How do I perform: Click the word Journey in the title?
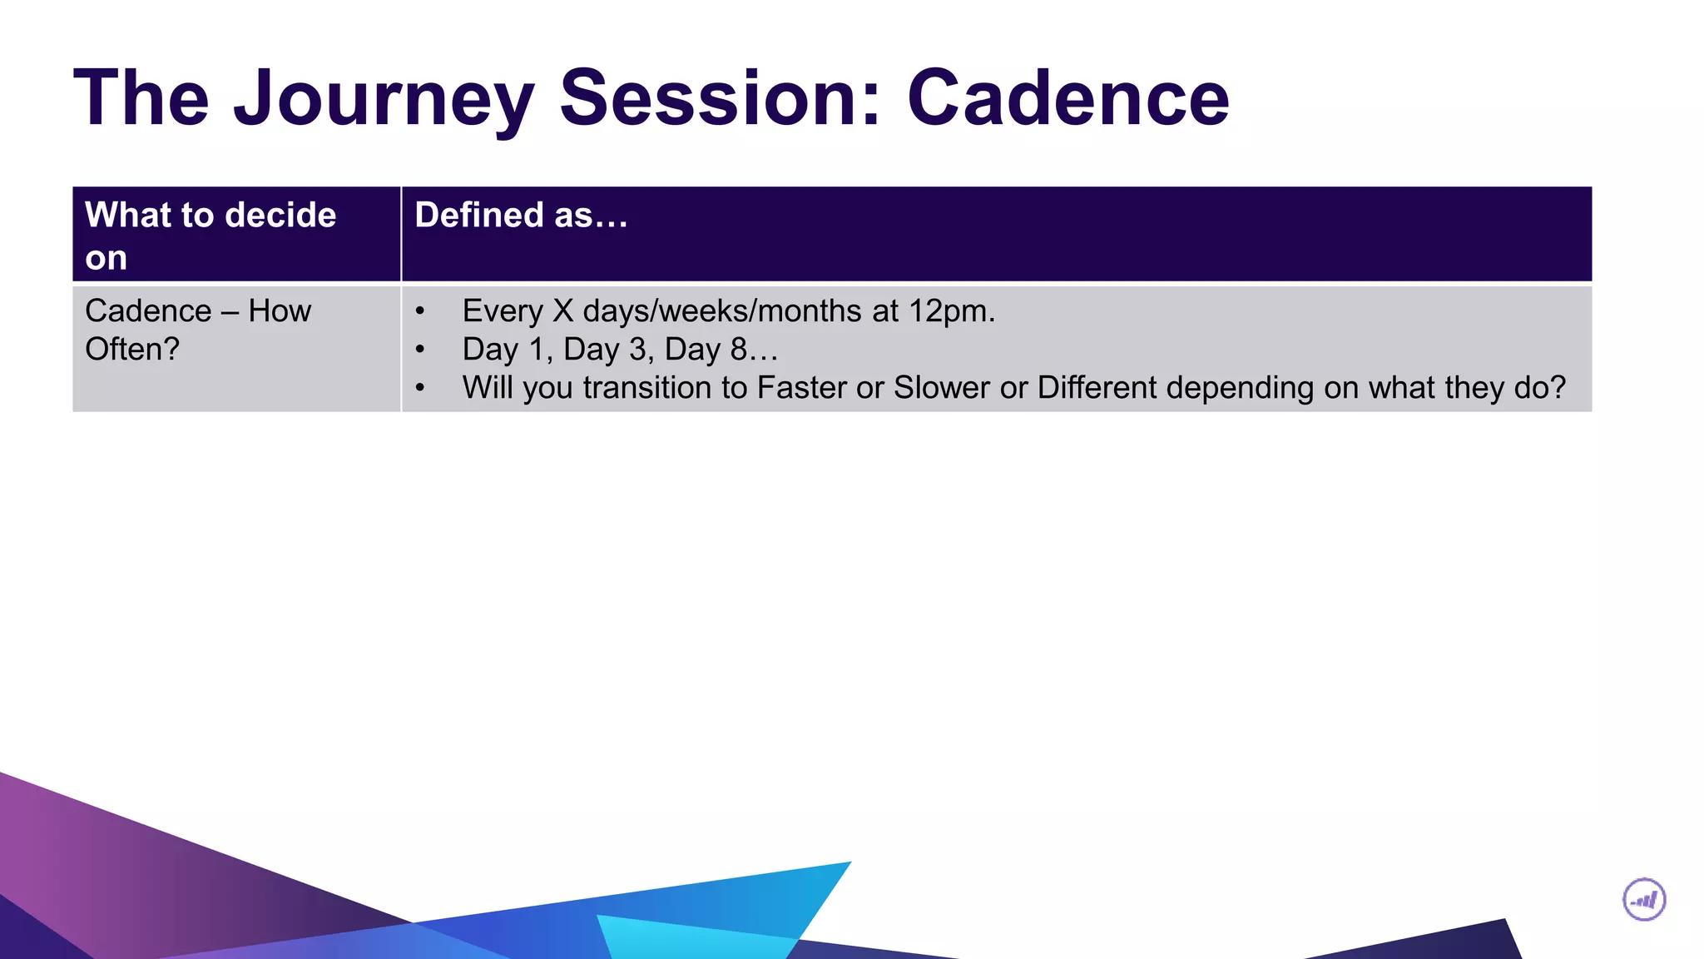pyautogui.click(x=383, y=100)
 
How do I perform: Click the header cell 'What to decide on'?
pyautogui.click(x=211, y=236)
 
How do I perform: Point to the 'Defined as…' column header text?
pyautogui.click(x=521, y=216)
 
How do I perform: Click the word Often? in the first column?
pyautogui.click(x=132, y=350)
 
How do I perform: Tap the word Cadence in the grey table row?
pyautogui.click(x=148, y=311)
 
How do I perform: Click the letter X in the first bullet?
pyautogui.click(x=563, y=311)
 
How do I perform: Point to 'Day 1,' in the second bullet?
pyautogui.click(x=507, y=350)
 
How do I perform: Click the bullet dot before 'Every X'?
pyautogui.click(x=420, y=312)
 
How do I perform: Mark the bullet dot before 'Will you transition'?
pyautogui.click(x=420, y=389)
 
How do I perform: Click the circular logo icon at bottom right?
pyautogui.click(x=1644, y=900)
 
